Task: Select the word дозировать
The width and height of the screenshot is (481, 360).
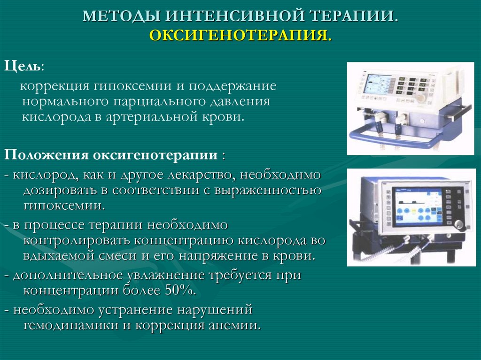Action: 58,190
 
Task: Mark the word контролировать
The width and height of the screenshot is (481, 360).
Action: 77,240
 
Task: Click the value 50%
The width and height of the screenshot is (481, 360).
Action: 179,290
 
